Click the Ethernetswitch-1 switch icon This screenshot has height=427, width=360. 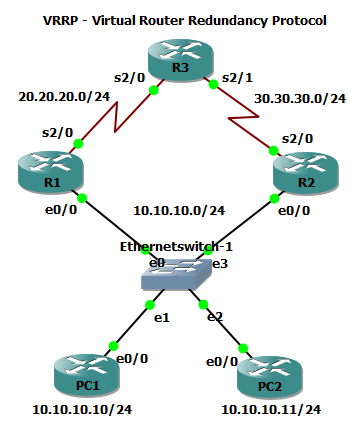(179, 271)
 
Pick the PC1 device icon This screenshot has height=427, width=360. (78, 378)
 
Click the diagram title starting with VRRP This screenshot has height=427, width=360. (180, 20)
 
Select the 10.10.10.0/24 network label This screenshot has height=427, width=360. (178, 211)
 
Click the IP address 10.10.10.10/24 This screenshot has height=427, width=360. (77, 410)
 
